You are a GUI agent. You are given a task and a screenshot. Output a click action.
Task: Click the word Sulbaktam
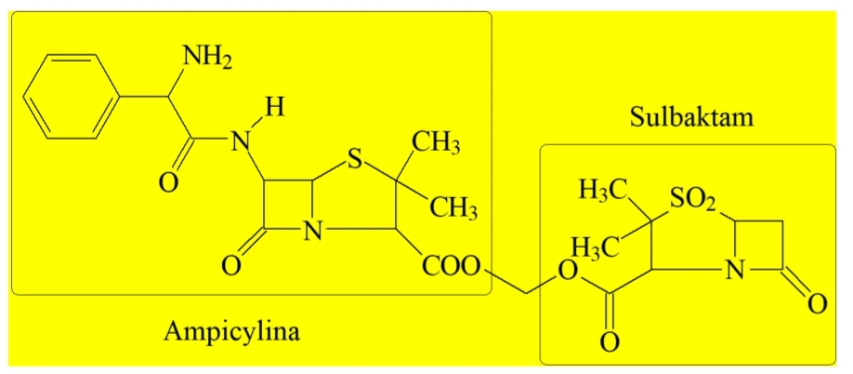coord(692,117)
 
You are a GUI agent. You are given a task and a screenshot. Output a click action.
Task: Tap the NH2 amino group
coord(207,57)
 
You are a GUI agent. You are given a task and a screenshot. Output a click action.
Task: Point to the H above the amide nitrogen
coord(276,108)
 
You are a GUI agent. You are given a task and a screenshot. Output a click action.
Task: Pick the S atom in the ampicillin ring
coord(354,162)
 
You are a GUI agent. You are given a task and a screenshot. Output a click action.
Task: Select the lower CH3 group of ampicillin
coord(453,207)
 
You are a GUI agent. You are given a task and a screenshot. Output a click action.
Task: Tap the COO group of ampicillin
coord(451,267)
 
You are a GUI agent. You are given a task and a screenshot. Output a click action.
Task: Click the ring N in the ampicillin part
coord(313,232)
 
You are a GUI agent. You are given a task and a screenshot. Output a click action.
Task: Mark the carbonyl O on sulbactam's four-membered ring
coord(817,304)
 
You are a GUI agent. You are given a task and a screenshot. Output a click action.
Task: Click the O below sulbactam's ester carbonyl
coord(610,343)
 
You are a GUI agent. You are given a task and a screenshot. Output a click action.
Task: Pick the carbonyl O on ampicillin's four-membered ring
coord(230,267)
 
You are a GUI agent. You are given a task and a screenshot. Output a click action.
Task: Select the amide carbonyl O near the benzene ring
coord(168,183)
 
